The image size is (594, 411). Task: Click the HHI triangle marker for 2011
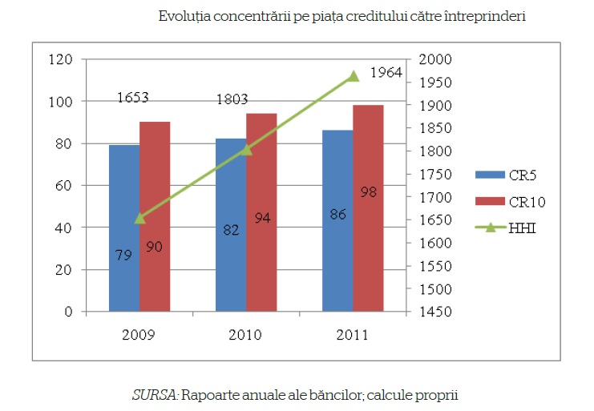353,76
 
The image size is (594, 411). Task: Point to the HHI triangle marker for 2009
139,217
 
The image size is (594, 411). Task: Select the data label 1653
132,99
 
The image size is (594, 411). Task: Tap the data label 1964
386,74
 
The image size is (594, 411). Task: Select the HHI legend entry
521,228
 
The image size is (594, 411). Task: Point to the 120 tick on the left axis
62,60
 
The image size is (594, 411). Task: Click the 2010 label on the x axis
245,335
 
